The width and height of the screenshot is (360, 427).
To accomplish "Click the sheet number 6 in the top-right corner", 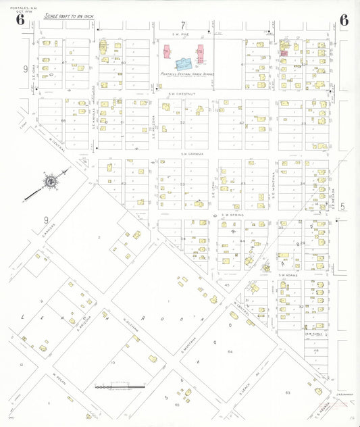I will click(x=344, y=19).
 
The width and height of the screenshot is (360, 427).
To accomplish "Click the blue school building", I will click(x=183, y=64).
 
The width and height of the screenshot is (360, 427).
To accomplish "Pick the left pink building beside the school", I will click(x=167, y=53).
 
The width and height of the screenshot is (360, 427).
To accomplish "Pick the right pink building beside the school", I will click(x=200, y=53).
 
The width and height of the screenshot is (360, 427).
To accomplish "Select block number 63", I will click(x=287, y=392).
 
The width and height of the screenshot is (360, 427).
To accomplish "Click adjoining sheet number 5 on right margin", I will click(x=343, y=207).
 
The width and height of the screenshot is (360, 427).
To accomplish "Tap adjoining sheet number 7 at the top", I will click(x=182, y=25).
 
